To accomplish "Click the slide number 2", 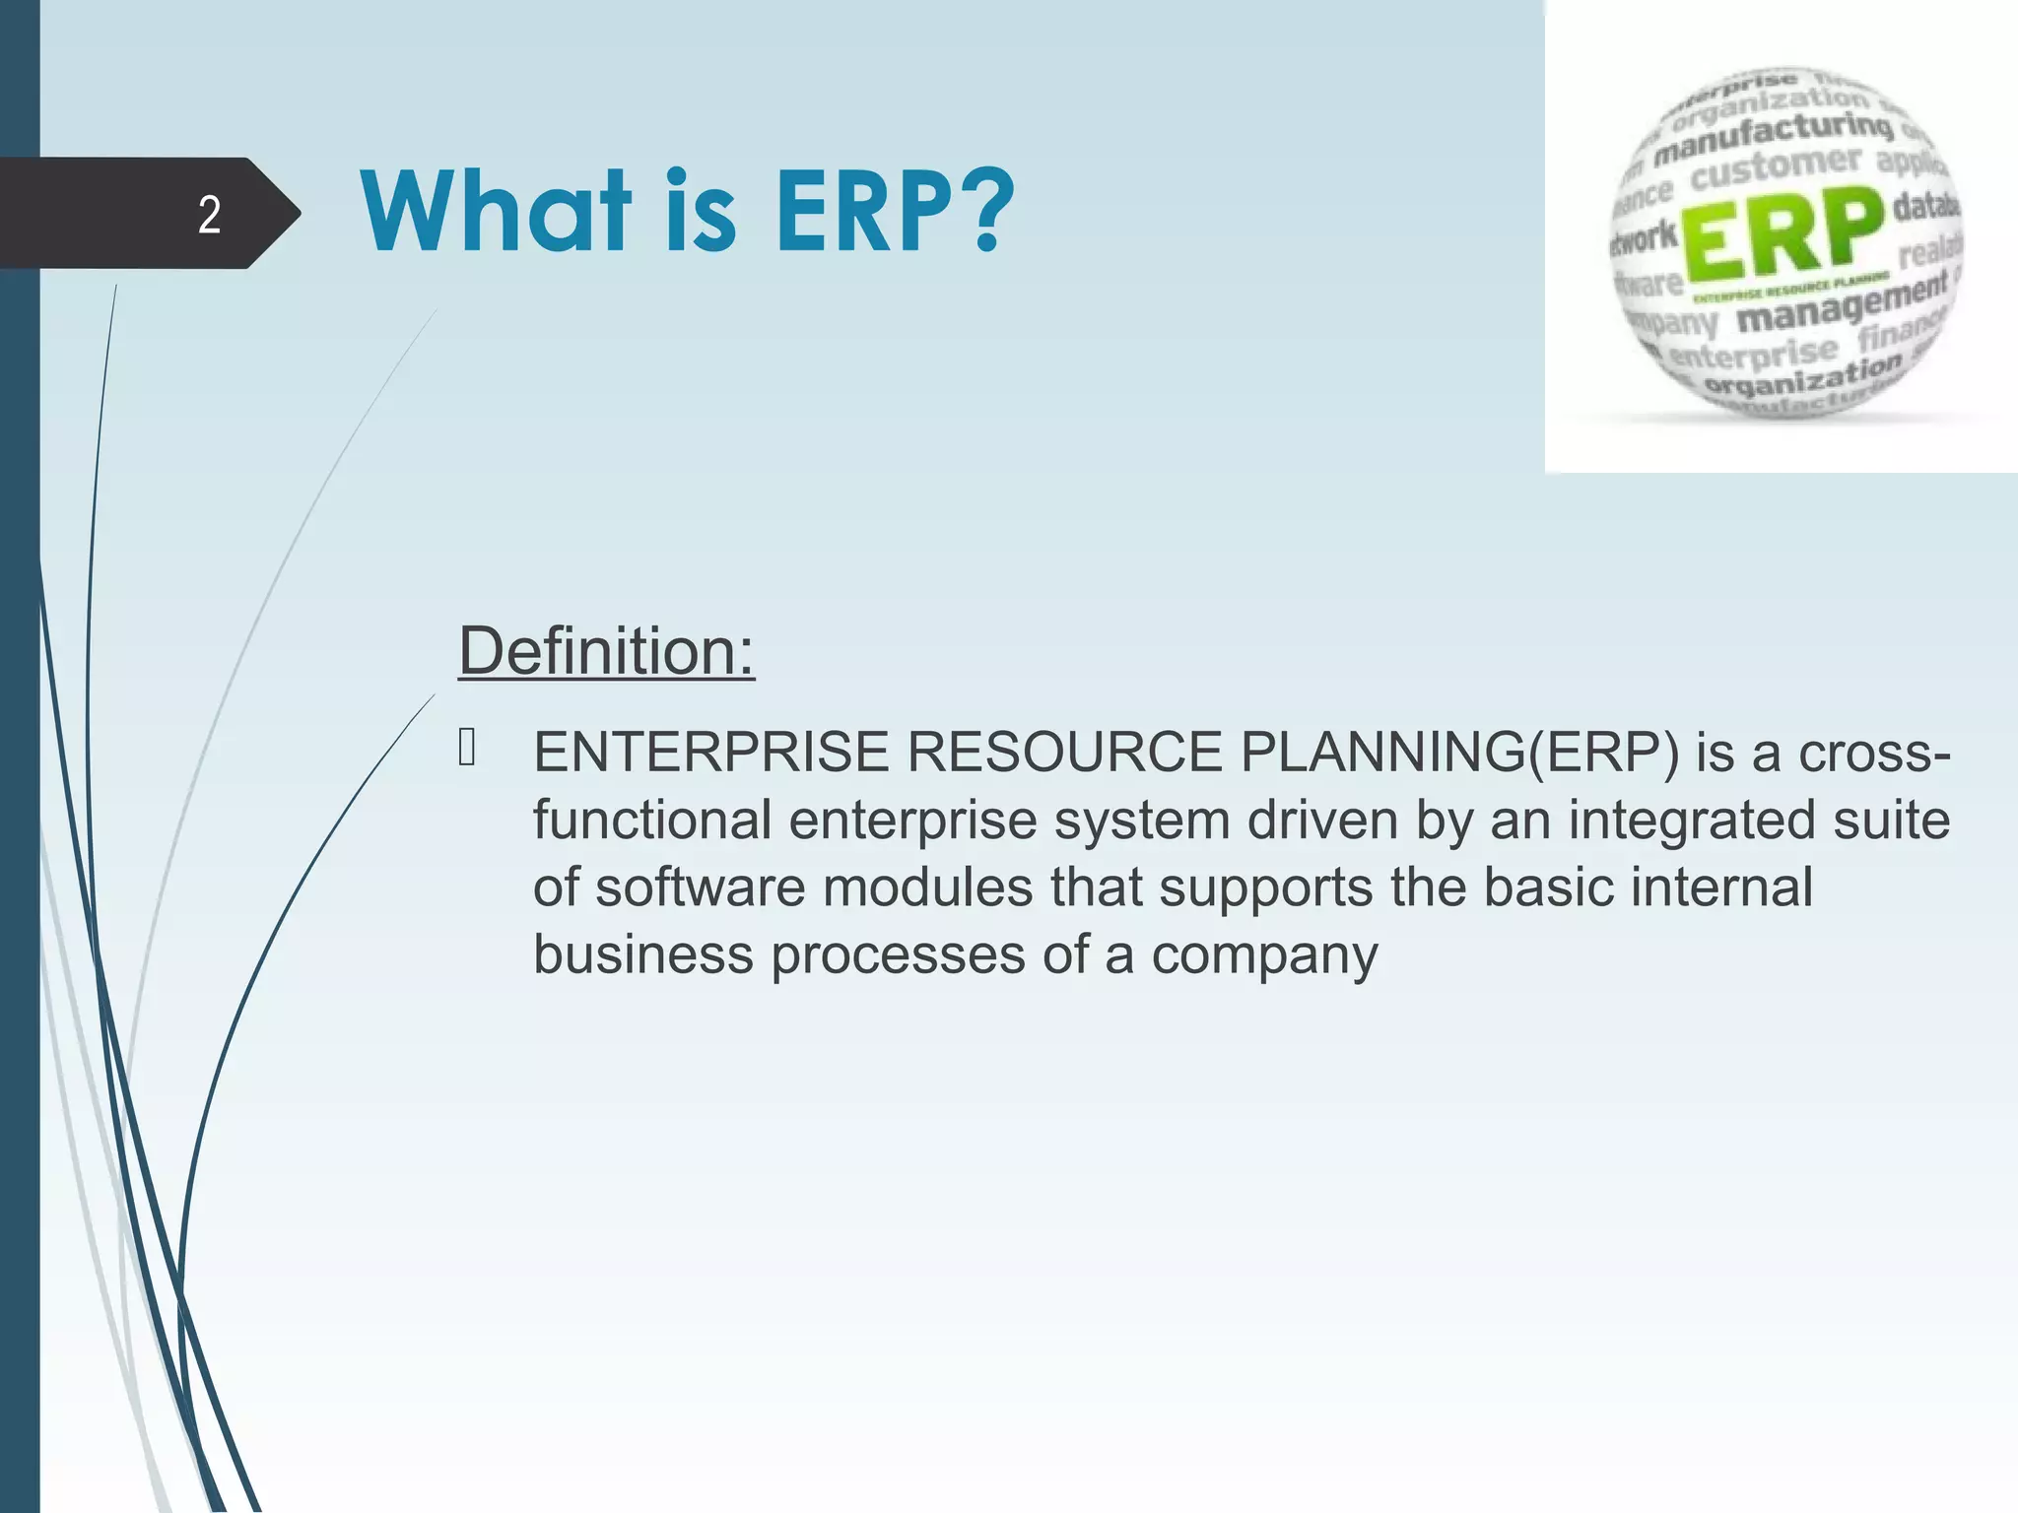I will pos(209,215).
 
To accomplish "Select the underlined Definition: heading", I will pos(606,651).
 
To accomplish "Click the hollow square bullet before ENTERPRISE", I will pos(467,748).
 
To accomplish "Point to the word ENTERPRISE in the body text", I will pos(710,753).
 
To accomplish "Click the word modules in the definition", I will pos(927,887).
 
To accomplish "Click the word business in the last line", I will pos(642,954).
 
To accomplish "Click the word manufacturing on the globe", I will pos(1773,139).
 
